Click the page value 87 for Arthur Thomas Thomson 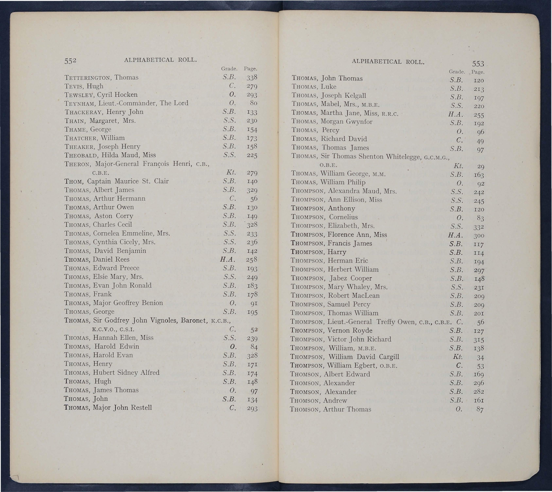[x=480, y=410]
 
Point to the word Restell [x=141, y=408]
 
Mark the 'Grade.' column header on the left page [x=229, y=69]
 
